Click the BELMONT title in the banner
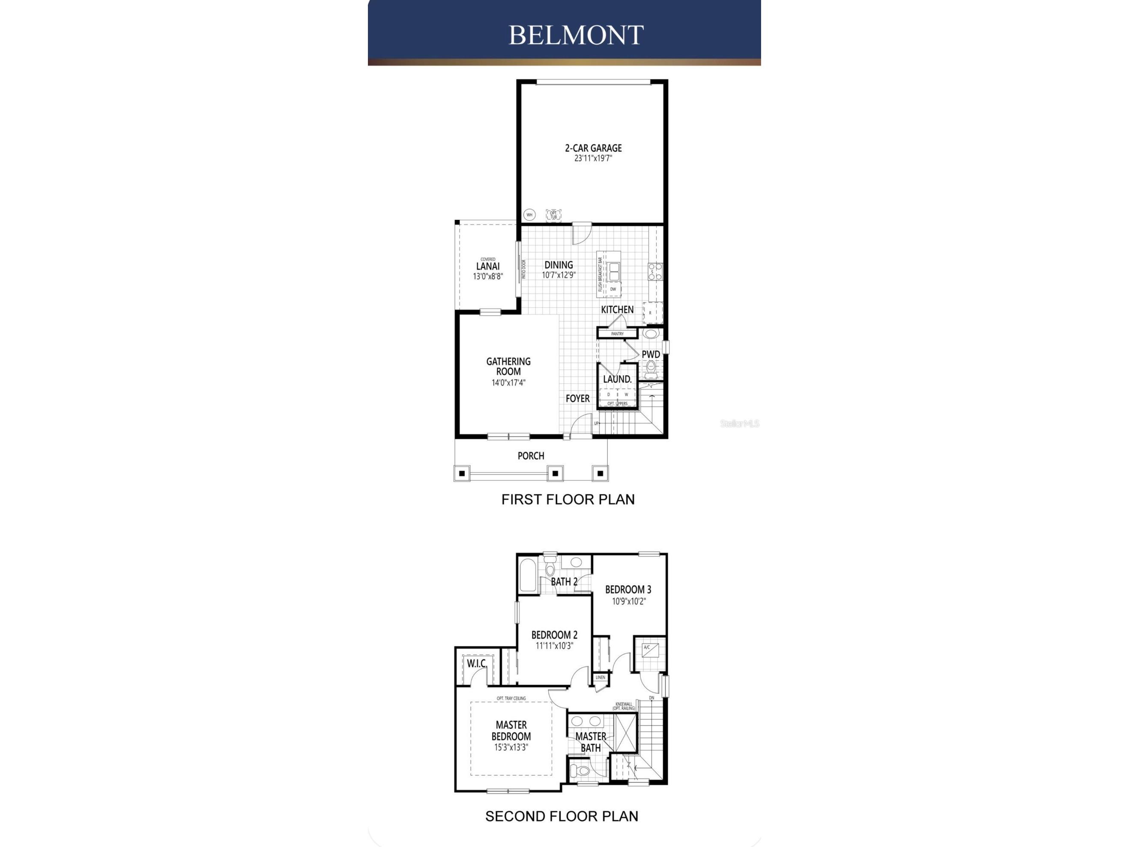(576, 35)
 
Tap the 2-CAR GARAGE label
(593, 148)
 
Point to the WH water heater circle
(529, 215)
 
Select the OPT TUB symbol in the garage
(554, 215)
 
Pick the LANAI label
(488, 266)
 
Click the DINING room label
(559, 264)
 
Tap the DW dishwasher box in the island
(613, 289)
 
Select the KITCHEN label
(617, 309)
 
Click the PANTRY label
(617, 334)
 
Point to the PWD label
(651, 354)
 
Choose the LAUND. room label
(618, 379)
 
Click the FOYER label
(577, 398)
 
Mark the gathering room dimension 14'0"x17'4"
(508, 383)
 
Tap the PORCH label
(531, 456)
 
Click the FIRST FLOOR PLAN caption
(568, 499)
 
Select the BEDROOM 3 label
(628, 590)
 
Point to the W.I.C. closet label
(477, 664)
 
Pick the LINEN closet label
(600, 677)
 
